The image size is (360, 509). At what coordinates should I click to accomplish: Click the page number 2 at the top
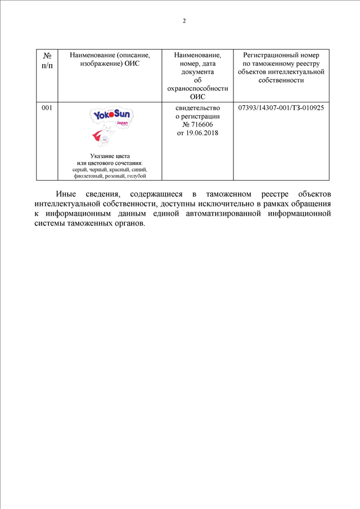pos(184,21)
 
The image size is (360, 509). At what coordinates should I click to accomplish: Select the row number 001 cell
pos(47,107)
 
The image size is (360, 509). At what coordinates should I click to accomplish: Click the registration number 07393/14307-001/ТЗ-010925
pos(281,107)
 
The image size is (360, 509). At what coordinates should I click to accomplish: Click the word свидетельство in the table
pos(197,107)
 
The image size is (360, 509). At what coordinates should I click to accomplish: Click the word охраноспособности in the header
pos(197,89)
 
